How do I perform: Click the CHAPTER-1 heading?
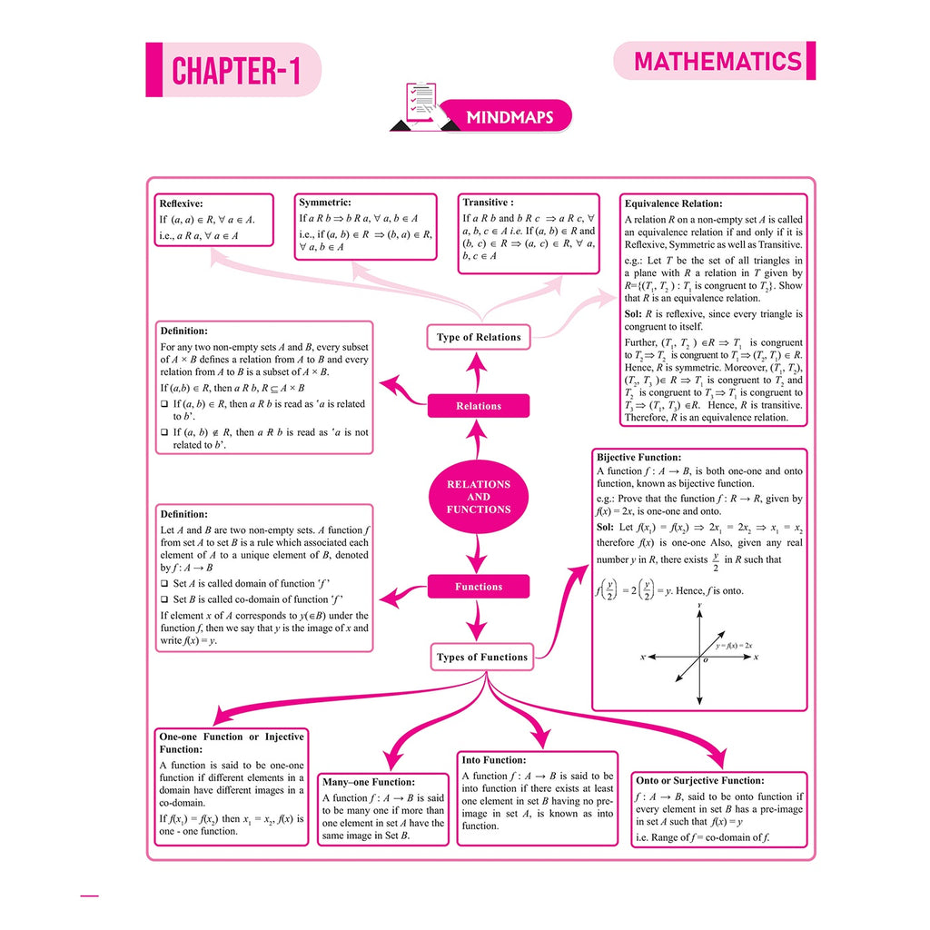[236, 71]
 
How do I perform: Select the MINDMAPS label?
[510, 117]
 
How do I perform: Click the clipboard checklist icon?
[422, 105]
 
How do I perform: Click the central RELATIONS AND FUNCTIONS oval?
[478, 497]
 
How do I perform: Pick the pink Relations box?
[478, 406]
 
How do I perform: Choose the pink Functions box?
[478, 587]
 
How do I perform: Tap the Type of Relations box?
[478, 338]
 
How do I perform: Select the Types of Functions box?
[481, 658]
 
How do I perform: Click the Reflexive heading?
[181, 203]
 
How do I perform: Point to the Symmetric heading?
[325, 203]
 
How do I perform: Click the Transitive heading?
[488, 203]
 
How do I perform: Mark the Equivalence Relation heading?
[673, 203]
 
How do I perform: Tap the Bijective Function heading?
[638, 458]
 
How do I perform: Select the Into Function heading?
[493, 760]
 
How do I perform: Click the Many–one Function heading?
[369, 782]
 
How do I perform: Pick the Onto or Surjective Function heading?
[700, 780]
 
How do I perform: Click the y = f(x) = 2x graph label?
[734, 646]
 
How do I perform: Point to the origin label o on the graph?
[705, 660]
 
